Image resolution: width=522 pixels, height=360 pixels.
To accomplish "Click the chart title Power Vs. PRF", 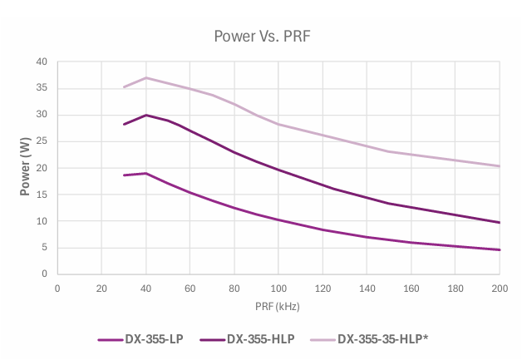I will pyautogui.click(x=262, y=36).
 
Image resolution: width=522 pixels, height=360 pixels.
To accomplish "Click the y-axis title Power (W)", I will pyautogui.click(x=26, y=168).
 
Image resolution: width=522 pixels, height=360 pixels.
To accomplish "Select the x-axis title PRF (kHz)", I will pyautogui.click(x=278, y=307).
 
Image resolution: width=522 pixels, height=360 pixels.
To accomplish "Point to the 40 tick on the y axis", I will pyautogui.click(x=42, y=62).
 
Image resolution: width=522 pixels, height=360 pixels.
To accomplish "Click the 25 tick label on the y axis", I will pyautogui.click(x=42, y=141).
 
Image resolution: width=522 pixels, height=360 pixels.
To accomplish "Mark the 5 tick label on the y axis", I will pyautogui.click(x=44, y=248).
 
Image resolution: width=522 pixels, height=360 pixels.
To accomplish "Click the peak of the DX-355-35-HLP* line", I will pyautogui.click(x=145, y=77).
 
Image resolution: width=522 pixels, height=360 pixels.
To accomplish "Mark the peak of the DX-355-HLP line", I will pyautogui.click(x=145, y=115).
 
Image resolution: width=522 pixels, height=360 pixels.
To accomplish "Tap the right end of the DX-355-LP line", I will pyautogui.click(x=500, y=249).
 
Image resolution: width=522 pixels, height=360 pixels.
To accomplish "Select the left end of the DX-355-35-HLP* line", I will pyautogui.click(x=124, y=87).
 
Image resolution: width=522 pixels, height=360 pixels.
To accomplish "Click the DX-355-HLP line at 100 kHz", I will pyautogui.click(x=278, y=170).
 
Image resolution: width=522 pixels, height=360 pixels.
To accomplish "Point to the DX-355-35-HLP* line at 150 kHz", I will pyautogui.click(x=389, y=151).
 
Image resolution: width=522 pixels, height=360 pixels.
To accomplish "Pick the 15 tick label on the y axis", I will pyautogui.click(x=42, y=195).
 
